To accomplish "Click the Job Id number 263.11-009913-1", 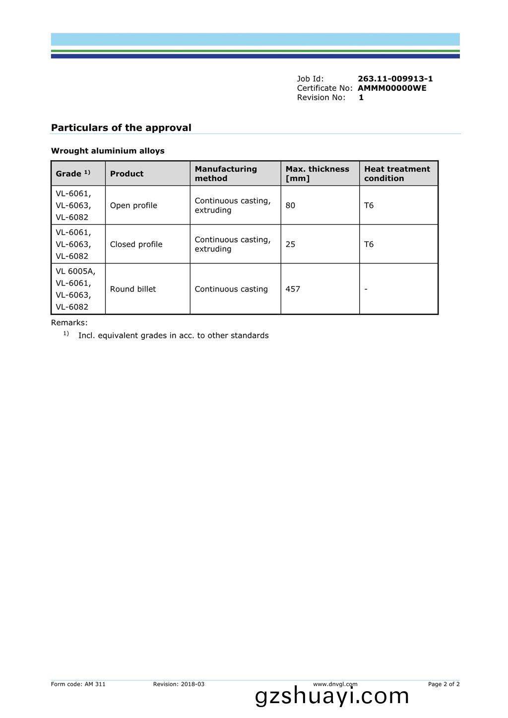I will (x=395, y=79).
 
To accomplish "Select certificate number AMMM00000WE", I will (x=392, y=88).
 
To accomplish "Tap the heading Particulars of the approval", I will (x=121, y=128).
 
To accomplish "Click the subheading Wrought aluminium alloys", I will (x=108, y=151).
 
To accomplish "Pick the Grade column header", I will (x=73, y=174).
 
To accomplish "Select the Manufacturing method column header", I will (x=226, y=174).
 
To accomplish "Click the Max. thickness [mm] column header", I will (x=317, y=174).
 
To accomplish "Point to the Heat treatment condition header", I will (x=397, y=174).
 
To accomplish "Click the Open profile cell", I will (x=133, y=205).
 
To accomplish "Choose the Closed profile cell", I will (x=136, y=244).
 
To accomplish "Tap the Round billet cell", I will (x=133, y=289).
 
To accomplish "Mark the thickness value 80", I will (x=290, y=205).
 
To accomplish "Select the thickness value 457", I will (x=293, y=289).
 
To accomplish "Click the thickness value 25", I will (x=290, y=244).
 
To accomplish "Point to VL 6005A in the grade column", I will (x=75, y=271).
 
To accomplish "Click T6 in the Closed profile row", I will (x=369, y=244).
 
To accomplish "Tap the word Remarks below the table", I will (x=69, y=323).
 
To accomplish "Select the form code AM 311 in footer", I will (x=95, y=684).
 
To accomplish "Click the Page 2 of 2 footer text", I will (x=444, y=684).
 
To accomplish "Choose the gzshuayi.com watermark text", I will (x=332, y=696).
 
